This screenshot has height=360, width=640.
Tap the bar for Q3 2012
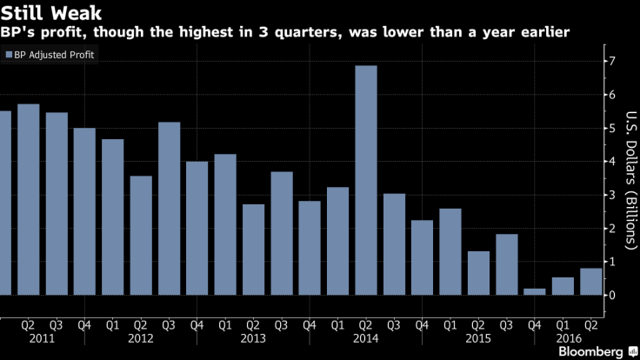tap(170, 209)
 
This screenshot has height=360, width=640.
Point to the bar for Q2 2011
tap(29, 200)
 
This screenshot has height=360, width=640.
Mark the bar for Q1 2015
tap(450, 252)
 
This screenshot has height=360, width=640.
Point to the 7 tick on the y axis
tap(613, 61)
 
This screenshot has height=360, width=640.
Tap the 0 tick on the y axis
tap(613, 296)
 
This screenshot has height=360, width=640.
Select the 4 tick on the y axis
tap(613, 162)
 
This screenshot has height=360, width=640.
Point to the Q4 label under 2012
tap(197, 325)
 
